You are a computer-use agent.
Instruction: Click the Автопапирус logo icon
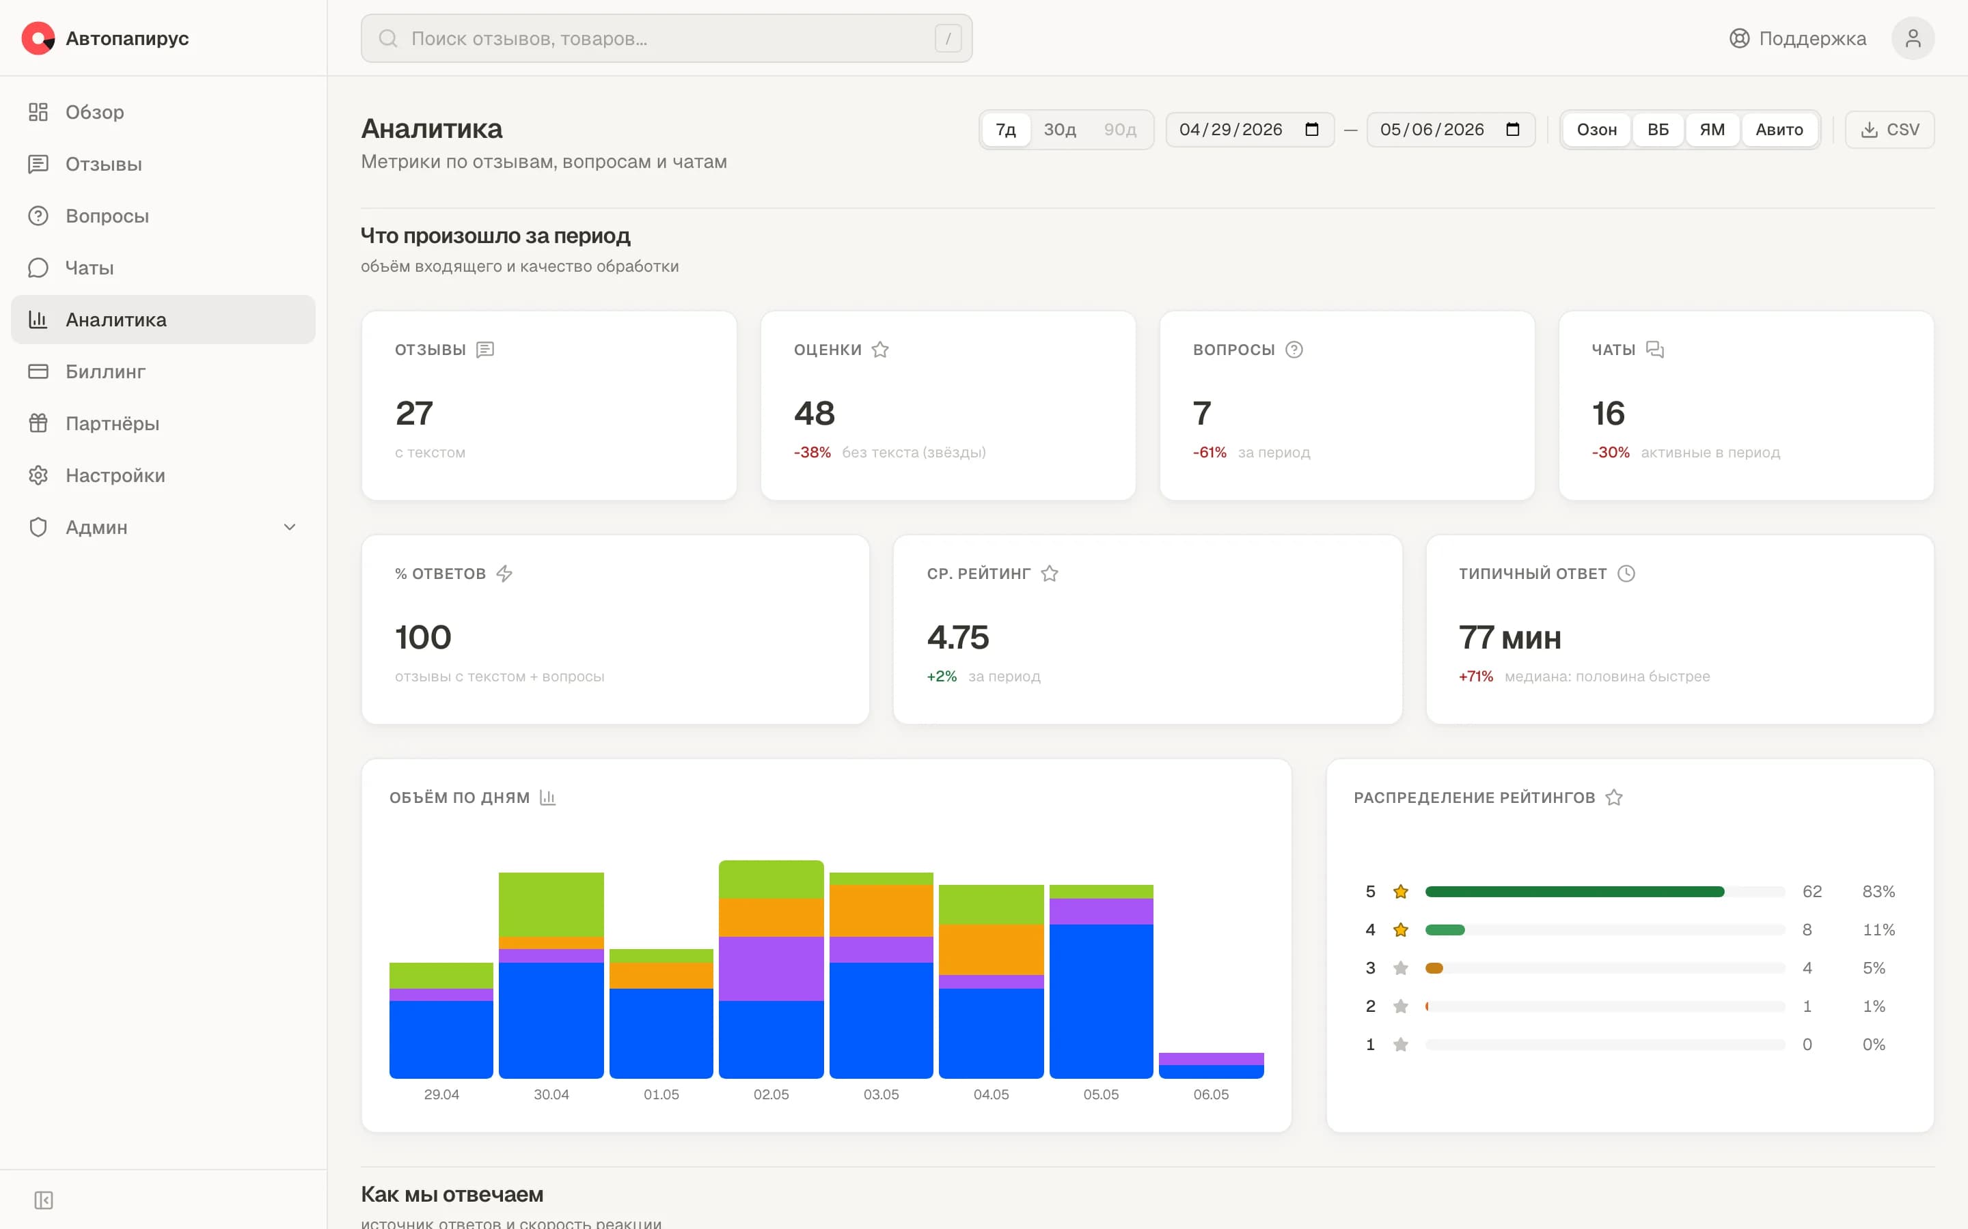38,38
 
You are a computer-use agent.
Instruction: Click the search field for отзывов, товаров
667,38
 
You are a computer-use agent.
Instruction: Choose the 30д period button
1060,130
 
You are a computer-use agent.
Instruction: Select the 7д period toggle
1006,130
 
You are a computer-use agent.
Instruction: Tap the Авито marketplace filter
1779,130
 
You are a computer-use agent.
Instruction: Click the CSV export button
1890,130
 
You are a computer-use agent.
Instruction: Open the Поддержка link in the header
1797,38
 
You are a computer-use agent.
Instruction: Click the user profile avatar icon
1913,38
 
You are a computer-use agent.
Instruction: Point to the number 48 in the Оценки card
814,413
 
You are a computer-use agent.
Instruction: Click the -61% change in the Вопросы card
1209,453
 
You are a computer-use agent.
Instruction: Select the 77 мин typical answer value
1509,637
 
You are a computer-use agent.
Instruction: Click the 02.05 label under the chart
771,1094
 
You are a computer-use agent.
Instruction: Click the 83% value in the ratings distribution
1878,892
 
